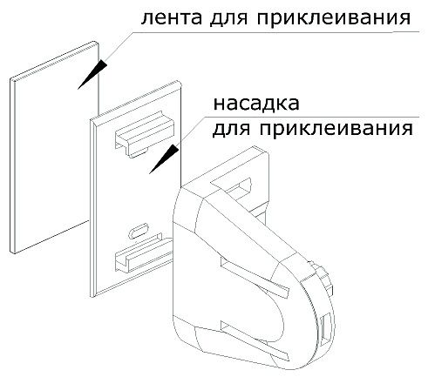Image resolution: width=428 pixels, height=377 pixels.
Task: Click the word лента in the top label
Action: pyautogui.click(x=172, y=17)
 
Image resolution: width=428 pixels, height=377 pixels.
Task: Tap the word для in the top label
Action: pyautogui.click(x=228, y=18)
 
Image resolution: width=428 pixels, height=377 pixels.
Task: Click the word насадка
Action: pyautogui.click(x=256, y=104)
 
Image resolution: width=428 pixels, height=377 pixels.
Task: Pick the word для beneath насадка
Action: pyautogui.click(x=231, y=128)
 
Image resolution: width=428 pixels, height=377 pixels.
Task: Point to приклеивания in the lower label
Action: pyautogui.click(x=336, y=128)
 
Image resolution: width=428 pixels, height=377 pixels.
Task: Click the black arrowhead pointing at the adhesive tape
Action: pyautogui.click(x=92, y=74)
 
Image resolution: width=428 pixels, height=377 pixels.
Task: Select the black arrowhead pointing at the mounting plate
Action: pyautogui.click(x=164, y=159)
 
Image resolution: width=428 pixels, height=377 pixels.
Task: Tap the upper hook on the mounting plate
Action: pyautogui.click(x=145, y=134)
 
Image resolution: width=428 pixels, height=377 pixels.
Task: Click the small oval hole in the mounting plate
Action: pyautogui.click(x=139, y=232)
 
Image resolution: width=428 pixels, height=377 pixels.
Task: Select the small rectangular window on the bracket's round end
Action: pyautogui.click(x=324, y=330)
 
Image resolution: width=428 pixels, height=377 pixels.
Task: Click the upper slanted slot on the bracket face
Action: pyautogui.click(x=255, y=274)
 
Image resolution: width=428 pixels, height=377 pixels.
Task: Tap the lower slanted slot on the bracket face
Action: pyautogui.click(x=255, y=340)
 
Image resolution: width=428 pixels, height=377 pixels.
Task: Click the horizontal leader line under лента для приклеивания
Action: pyautogui.click(x=275, y=32)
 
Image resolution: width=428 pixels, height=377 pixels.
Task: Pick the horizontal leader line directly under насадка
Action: pyautogui.click(x=312, y=118)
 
